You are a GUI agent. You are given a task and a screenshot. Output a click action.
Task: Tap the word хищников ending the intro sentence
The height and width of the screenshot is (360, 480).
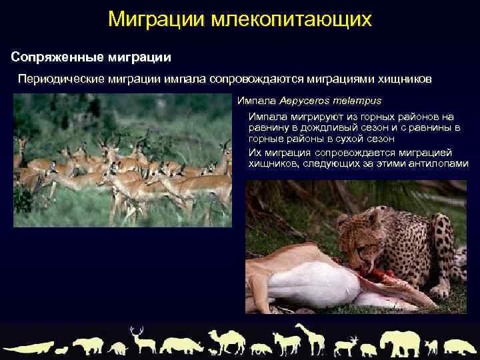(x=401, y=79)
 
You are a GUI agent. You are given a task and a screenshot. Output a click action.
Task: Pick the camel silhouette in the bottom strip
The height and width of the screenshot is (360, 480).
(x=225, y=341)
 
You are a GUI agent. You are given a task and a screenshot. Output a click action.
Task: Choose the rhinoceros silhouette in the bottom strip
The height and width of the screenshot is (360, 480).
(x=181, y=345)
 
